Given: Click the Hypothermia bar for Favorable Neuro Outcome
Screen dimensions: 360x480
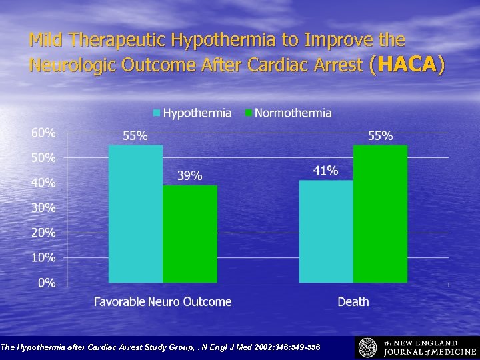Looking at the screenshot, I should coord(135,213).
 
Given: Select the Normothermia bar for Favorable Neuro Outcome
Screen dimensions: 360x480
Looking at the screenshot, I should coord(190,233).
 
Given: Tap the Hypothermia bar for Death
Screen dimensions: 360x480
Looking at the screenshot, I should coord(326,231).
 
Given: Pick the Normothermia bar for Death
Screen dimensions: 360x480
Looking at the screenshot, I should coord(380,213).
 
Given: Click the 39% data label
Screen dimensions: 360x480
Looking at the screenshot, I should coord(189,175).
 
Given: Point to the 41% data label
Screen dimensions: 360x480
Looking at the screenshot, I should coord(325,171).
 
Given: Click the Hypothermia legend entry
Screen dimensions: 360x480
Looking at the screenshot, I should coord(193,113).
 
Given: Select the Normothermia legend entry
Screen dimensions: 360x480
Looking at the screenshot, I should coord(288,113).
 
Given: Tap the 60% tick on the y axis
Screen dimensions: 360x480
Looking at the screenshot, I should coord(43,133).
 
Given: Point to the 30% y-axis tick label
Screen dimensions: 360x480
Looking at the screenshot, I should coord(43,207).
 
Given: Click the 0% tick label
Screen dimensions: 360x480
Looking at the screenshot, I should coord(46,283).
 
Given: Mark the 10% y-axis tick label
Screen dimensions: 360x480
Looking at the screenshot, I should coord(43,257).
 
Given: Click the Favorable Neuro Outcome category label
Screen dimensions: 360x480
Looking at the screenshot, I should coord(163,302).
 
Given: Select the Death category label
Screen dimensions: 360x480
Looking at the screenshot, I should coord(353,302).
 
